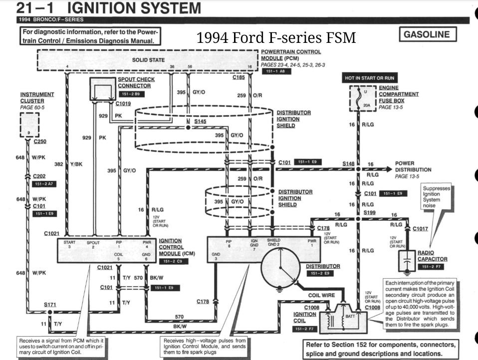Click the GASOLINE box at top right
(428, 35)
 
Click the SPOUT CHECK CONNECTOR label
(136, 82)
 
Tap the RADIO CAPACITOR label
(433, 256)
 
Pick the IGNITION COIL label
(304, 318)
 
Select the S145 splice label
(200, 122)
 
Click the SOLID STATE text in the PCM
(148, 60)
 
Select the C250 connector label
(40, 141)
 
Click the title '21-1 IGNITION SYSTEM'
(109, 8)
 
